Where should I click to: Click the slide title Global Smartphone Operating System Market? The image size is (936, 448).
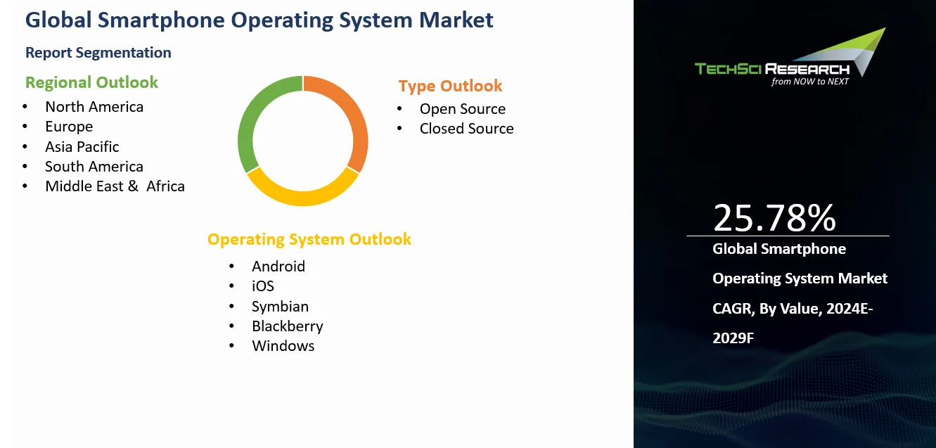click(259, 20)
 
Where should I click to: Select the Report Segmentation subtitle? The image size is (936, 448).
click(98, 53)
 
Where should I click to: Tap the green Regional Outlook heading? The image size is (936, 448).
click(91, 82)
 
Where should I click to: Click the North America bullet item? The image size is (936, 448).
click(94, 107)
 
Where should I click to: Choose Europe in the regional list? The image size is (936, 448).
click(69, 127)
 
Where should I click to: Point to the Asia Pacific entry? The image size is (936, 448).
click(82, 147)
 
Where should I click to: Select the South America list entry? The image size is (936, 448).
click(94, 167)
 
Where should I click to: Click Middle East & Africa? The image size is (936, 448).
click(115, 186)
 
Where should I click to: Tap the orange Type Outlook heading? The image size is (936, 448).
click(450, 86)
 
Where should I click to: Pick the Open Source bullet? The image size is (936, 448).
click(462, 109)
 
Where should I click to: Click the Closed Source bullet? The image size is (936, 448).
click(466, 129)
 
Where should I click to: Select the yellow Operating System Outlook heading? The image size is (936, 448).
click(309, 239)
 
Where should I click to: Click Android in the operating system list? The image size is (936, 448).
click(278, 267)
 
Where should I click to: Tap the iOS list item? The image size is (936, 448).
click(263, 286)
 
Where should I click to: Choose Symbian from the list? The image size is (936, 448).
click(280, 307)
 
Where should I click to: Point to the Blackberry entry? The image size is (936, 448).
click(287, 326)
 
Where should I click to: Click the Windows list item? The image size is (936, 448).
click(283, 346)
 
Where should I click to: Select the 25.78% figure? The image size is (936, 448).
click(774, 217)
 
